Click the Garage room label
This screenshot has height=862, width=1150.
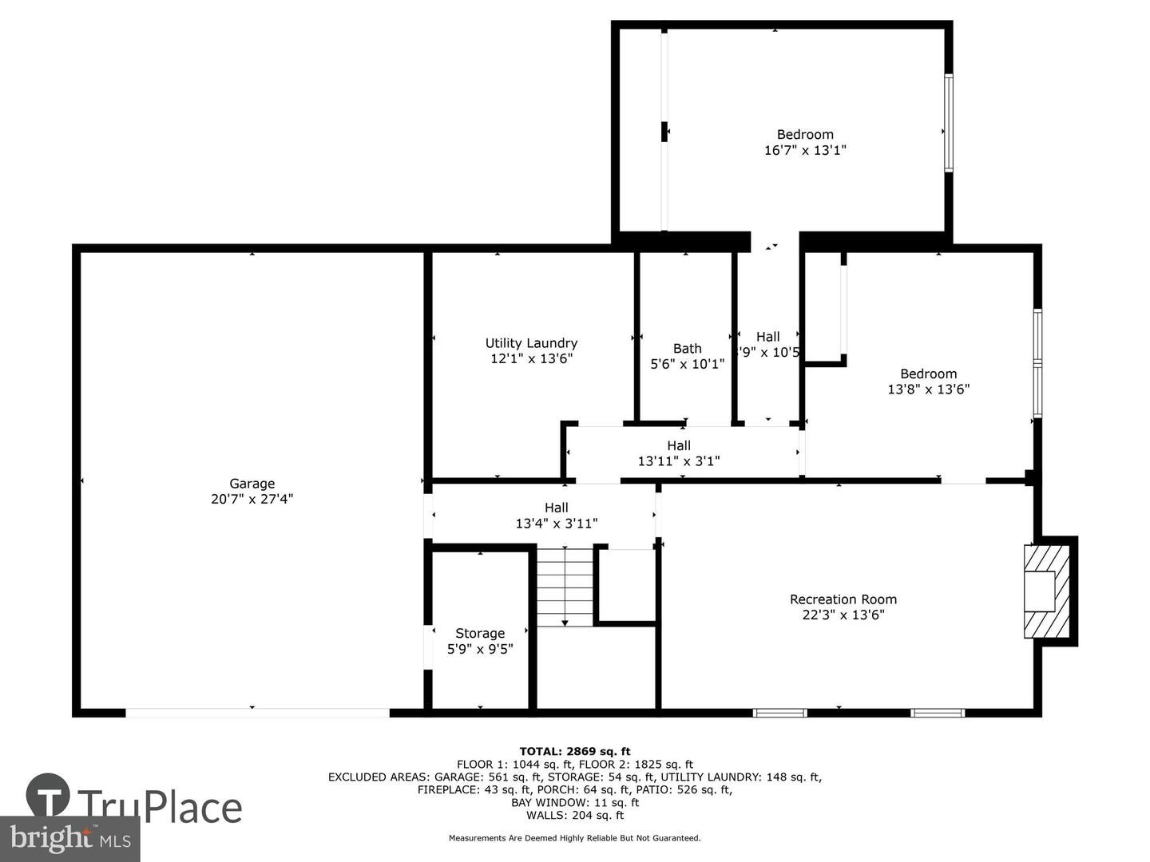pos(252,483)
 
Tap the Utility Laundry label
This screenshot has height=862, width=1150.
pos(531,343)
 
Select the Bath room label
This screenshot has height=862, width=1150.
pos(687,348)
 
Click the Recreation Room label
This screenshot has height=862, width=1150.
pos(843,599)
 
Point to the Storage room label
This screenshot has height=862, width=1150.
pos(480,633)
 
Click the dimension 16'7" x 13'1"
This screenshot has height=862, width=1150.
pos(805,150)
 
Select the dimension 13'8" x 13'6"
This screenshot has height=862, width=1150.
pos(928,389)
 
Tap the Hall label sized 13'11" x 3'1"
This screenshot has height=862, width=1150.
pos(679,445)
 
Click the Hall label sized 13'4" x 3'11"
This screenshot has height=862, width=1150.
pos(557,508)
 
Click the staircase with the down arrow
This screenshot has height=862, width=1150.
pos(565,587)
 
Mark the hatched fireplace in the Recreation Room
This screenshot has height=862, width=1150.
pos(1046,591)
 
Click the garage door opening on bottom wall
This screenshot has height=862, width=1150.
pos(257,711)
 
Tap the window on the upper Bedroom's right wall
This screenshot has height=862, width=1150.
pos(948,123)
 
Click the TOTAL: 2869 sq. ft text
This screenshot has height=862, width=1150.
pos(574,751)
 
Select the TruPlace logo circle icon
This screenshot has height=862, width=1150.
pos(48,795)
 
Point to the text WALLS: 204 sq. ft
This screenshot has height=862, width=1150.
pos(574,815)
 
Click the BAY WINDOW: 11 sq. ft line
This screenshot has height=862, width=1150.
pos(574,802)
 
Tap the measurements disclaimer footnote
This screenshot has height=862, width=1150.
pos(574,838)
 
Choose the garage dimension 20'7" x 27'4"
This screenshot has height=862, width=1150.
pos(252,499)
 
